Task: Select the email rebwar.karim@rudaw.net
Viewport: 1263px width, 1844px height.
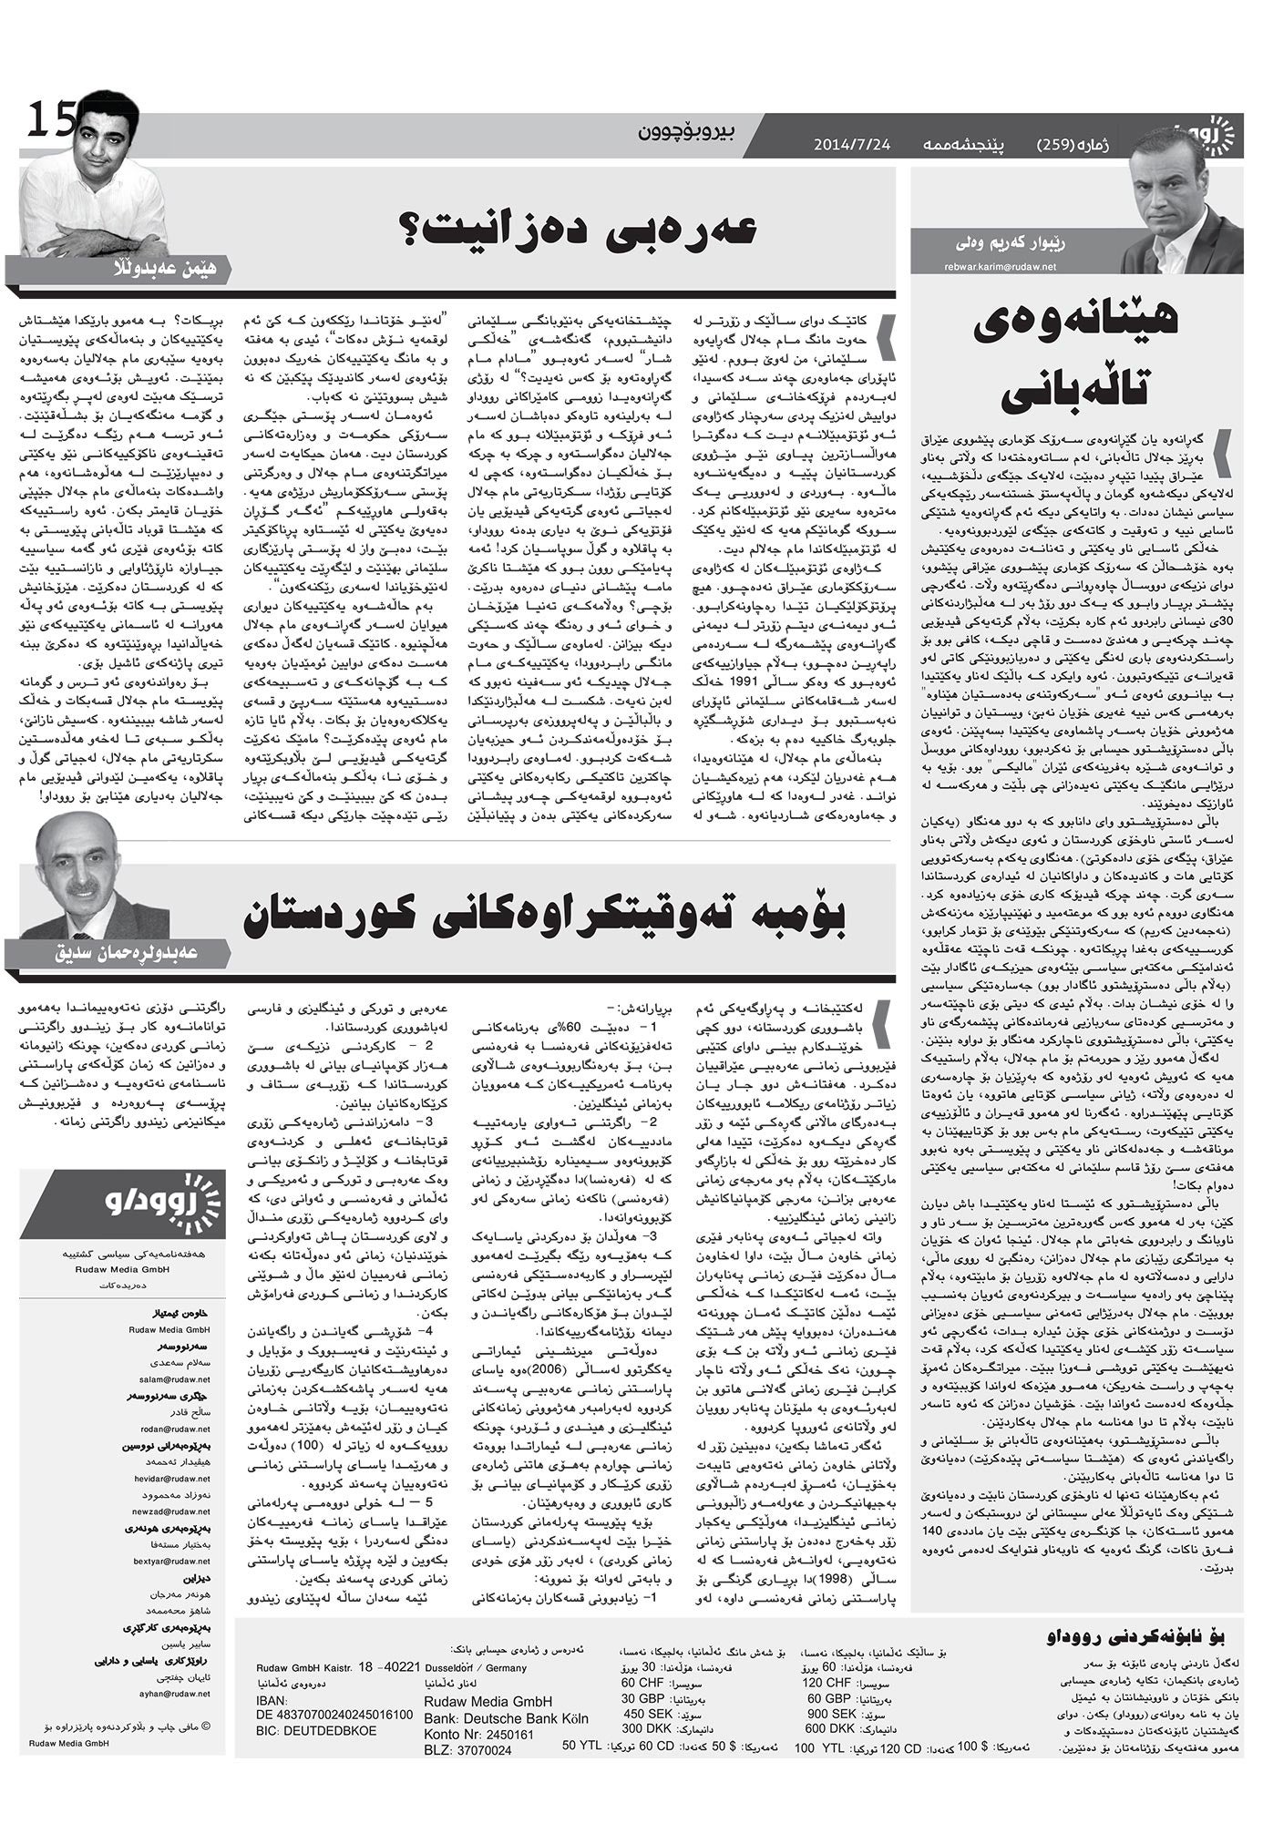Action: [1001, 267]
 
